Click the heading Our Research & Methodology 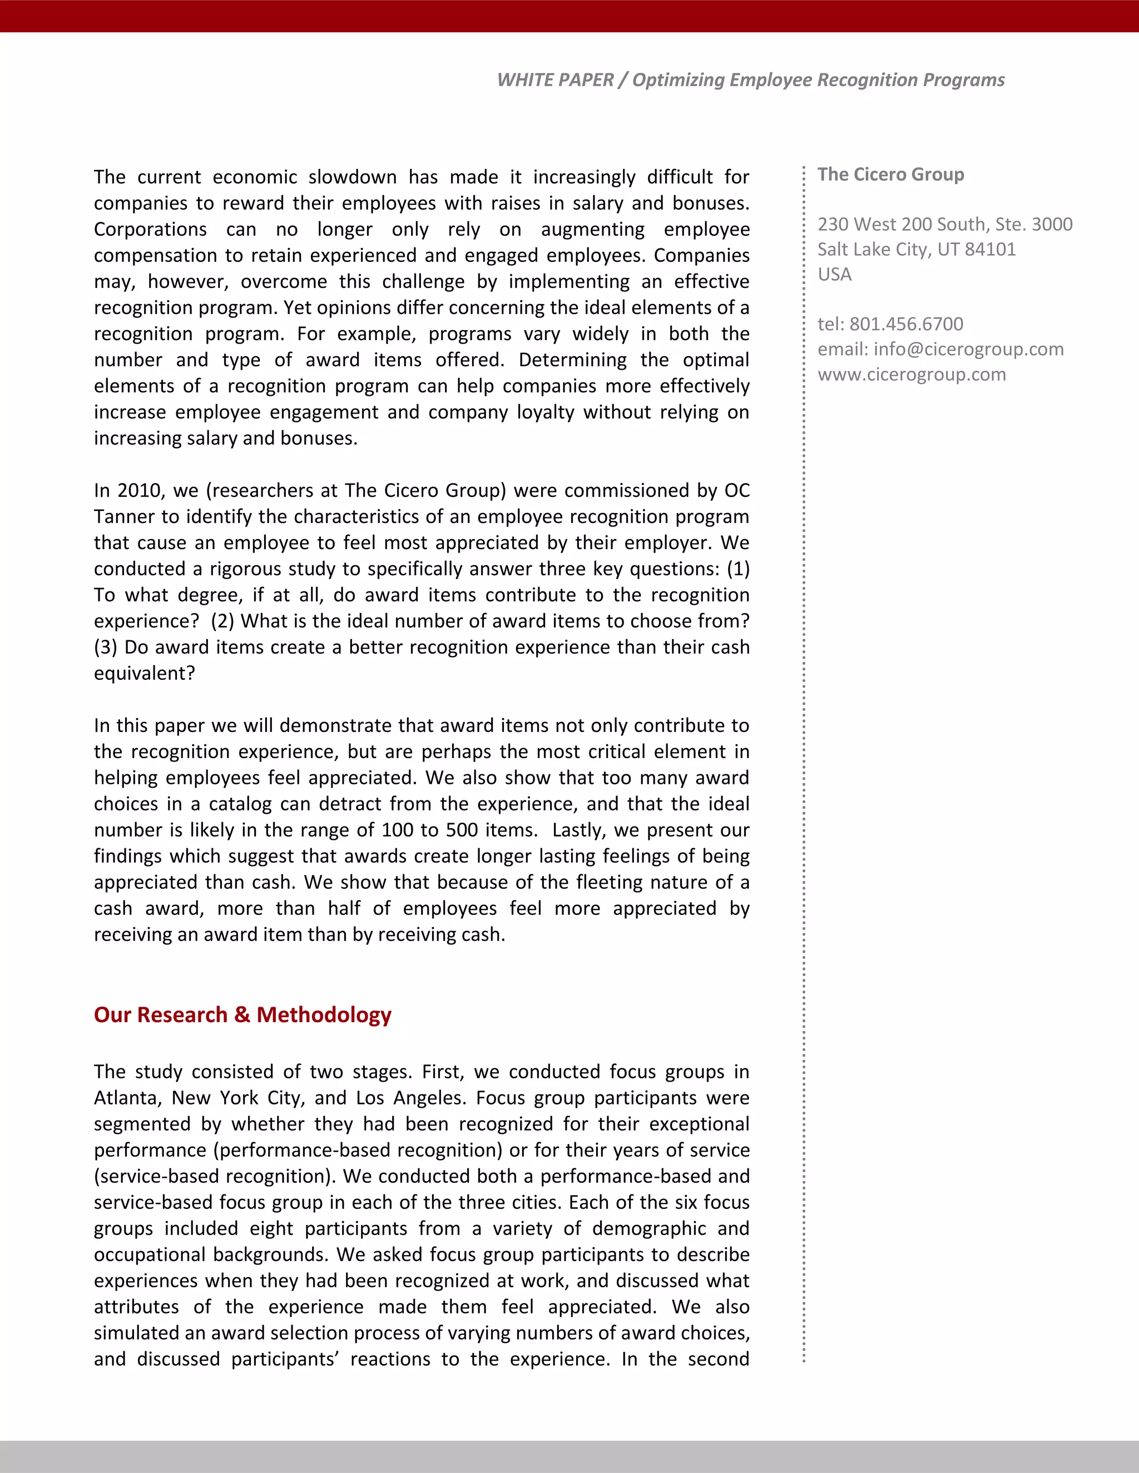point(242,1014)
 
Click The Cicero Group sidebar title point(891,174)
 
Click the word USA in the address point(835,274)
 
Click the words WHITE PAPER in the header point(554,79)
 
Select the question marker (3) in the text point(105,648)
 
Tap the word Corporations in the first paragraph point(150,230)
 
